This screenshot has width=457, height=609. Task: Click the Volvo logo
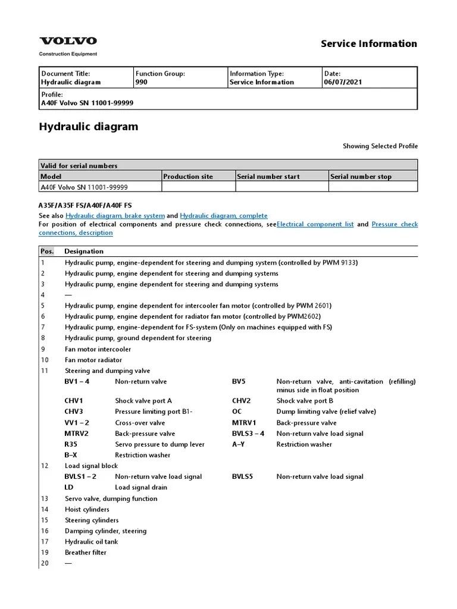68,41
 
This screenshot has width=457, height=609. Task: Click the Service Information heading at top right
369,43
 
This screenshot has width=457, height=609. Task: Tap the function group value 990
142,83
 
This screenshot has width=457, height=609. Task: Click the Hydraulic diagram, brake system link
115,215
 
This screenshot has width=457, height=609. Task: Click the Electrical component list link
315,224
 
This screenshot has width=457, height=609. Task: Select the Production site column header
188,177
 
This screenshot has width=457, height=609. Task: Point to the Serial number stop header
361,177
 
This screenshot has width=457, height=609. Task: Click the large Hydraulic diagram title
88,127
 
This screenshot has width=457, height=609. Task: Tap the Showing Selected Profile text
380,146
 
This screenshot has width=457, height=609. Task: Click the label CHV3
74,412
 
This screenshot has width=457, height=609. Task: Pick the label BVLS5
242,476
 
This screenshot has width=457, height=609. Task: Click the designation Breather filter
86,553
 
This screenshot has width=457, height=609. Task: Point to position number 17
45,542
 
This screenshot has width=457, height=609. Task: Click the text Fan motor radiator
93,360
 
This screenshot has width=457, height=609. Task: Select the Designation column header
84,251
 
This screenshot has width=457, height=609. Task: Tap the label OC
237,412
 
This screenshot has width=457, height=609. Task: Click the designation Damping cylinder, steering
105,531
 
